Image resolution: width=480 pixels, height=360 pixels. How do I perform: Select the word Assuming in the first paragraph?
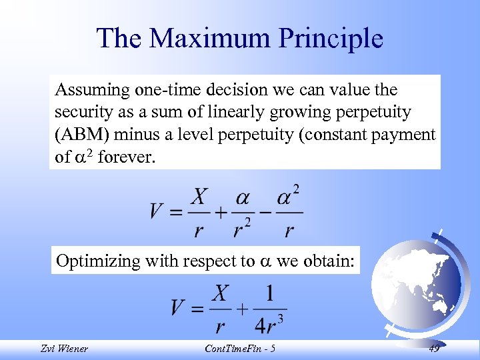[x=88, y=89]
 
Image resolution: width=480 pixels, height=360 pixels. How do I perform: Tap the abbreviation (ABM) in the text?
[x=82, y=135]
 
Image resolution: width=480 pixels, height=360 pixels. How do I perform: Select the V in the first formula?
[x=157, y=211]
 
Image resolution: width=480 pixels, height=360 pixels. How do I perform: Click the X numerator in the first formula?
[x=198, y=197]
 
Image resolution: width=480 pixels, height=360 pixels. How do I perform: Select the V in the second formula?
[x=177, y=309]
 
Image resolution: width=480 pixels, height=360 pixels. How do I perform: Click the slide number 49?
[x=434, y=349]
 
